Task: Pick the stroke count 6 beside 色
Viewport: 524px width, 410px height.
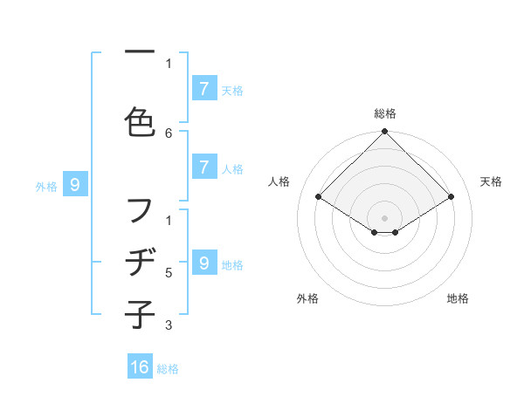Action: click(x=169, y=133)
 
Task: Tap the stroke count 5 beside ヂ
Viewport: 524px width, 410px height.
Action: click(x=169, y=273)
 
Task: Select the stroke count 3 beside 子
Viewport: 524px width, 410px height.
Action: click(x=169, y=325)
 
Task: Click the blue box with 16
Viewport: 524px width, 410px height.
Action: click(x=140, y=367)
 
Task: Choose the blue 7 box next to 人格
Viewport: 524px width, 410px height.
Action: click(x=203, y=168)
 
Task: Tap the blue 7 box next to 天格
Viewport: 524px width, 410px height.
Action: click(x=203, y=89)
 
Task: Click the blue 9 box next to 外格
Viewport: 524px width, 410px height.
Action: click(x=75, y=185)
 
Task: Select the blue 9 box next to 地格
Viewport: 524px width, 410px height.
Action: click(x=203, y=263)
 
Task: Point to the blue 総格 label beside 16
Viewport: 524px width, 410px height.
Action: click(x=168, y=368)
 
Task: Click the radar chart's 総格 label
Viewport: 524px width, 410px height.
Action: click(x=385, y=113)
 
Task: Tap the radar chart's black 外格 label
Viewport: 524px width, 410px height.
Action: click(x=307, y=298)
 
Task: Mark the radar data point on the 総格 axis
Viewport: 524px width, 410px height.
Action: click(x=385, y=133)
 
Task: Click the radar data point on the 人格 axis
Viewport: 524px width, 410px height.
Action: click(x=319, y=197)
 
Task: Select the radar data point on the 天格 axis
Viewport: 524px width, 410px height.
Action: click(x=452, y=197)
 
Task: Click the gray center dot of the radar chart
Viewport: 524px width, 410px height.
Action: click(x=385, y=217)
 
